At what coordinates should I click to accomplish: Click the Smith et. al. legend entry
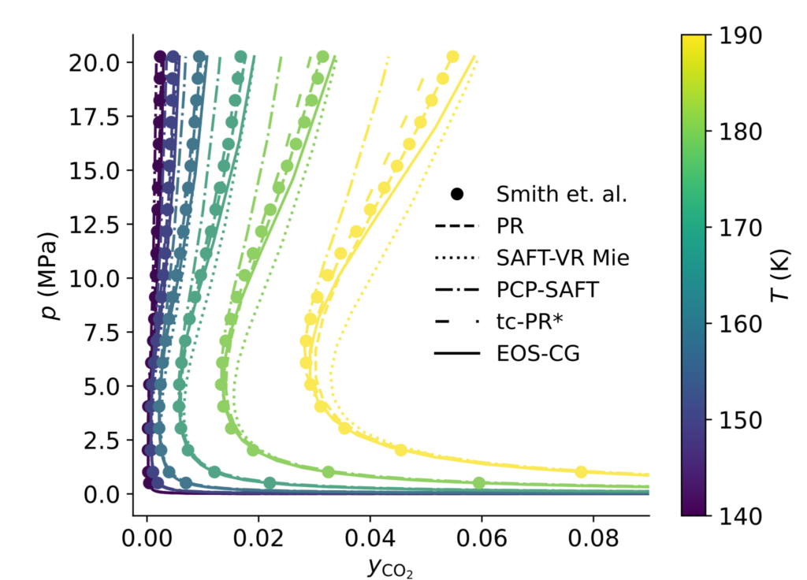tap(561, 194)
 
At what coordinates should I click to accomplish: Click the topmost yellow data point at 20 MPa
tap(452, 57)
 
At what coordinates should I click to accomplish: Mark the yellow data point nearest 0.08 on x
tap(582, 471)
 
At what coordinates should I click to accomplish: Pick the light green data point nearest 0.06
tap(478, 483)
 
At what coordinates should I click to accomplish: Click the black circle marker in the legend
tap(456, 194)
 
